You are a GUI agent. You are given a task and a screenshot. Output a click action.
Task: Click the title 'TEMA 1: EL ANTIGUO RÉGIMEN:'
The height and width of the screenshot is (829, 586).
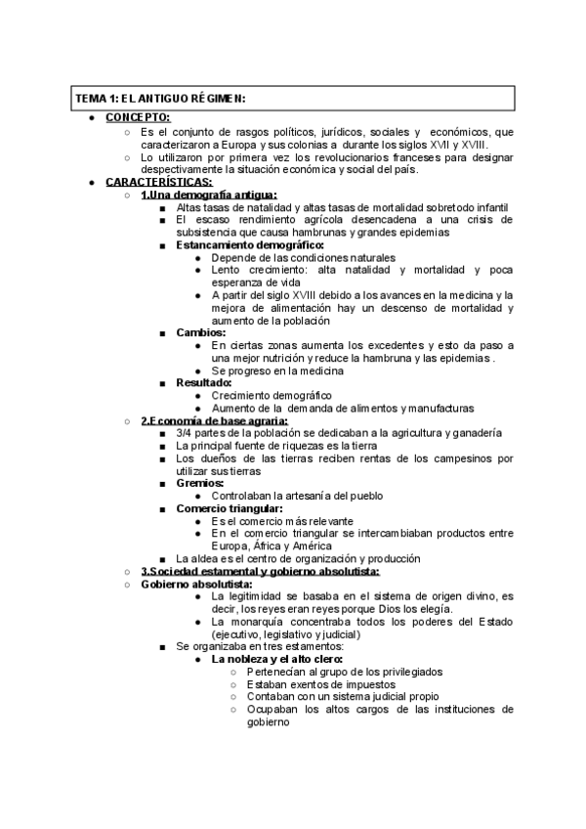point(161,99)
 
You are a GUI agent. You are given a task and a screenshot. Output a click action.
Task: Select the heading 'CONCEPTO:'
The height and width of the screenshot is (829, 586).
point(138,117)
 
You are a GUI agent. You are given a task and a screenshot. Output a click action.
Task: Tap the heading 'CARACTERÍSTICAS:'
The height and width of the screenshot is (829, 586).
point(158,182)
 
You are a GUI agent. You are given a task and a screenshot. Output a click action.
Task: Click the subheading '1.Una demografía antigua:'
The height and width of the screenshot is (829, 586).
point(209,195)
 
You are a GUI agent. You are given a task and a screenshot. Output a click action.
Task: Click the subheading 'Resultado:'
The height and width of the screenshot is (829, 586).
point(204,383)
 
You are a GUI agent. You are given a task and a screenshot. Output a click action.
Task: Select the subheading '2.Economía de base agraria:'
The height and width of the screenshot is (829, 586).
point(207,421)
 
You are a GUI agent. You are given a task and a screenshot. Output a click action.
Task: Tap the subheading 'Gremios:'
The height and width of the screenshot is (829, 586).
point(200,483)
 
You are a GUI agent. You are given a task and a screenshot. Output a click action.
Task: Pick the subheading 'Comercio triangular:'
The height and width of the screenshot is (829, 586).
point(230,508)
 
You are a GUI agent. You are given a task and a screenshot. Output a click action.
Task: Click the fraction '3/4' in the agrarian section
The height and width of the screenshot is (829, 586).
point(186,433)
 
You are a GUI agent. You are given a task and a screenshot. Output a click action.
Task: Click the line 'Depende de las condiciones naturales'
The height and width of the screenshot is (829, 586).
point(300,258)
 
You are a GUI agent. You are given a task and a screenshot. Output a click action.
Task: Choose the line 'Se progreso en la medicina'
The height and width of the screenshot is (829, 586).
point(280,371)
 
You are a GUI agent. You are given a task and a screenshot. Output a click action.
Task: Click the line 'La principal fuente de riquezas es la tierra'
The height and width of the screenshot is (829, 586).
point(289,446)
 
